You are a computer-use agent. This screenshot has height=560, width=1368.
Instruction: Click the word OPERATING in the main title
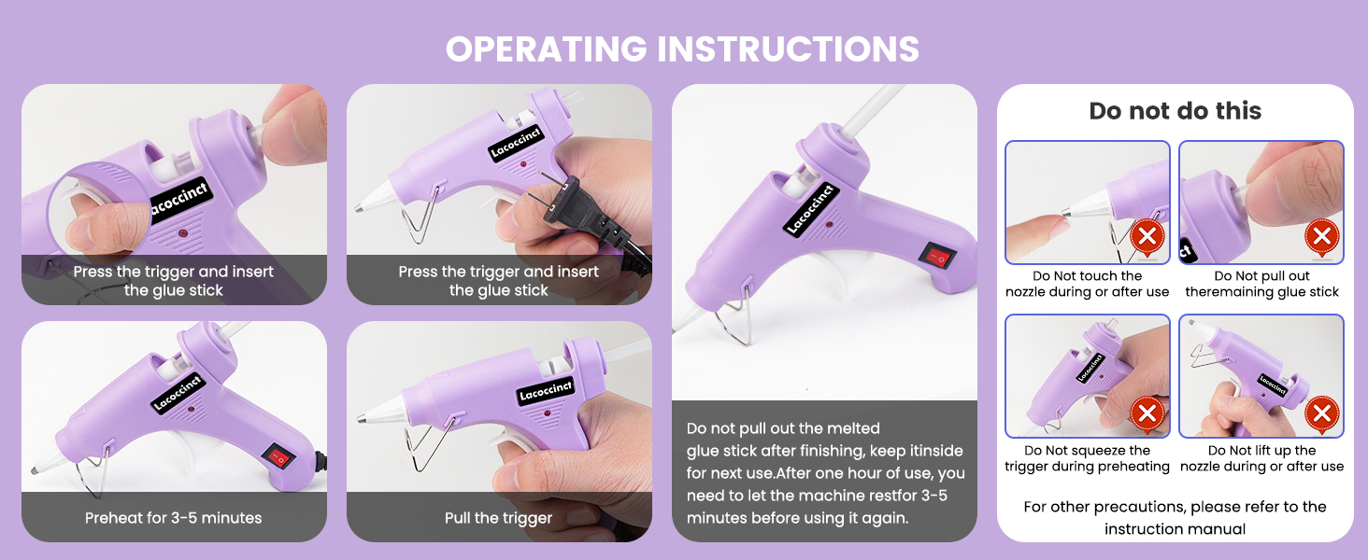click(x=549, y=49)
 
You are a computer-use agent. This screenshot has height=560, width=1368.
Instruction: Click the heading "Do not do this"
click(x=1175, y=111)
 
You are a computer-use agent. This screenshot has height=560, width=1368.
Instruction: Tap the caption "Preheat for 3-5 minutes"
click(x=174, y=518)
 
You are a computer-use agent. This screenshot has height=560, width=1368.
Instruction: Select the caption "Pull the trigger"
click(x=498, y=518)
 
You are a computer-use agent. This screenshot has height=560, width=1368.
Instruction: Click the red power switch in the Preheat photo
click(x=277, y=456)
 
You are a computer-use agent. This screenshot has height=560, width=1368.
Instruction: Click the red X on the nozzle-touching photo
click(x=1147, y=237)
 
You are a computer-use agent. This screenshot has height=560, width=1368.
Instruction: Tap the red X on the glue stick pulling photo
click(x=1320, y=235)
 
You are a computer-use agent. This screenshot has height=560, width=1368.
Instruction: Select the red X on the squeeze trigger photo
click(x=1147, y=412)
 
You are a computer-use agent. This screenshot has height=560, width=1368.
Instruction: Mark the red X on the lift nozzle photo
click(x=1320, y=412)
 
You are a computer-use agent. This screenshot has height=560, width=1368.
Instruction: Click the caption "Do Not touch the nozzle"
click(x=1087, y=284)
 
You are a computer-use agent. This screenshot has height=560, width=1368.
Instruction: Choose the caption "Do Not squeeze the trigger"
click(x=1087, y=458)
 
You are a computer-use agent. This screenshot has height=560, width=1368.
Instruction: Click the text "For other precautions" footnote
click(x=1175, y=507)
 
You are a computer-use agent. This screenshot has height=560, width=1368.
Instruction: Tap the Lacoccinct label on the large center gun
click(x=810, y=207)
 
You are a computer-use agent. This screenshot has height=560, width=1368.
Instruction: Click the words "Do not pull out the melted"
click(x=783, y=428)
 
